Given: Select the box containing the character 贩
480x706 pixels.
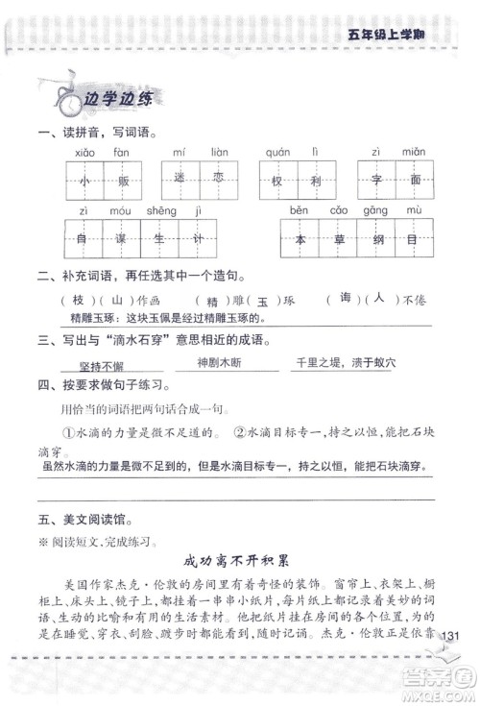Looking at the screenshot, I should point(121,180).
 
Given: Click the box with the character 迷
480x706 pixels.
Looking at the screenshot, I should point(179,180).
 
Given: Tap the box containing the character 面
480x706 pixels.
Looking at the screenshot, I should point(415,180).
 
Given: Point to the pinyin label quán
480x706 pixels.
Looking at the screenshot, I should point(277,152).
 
